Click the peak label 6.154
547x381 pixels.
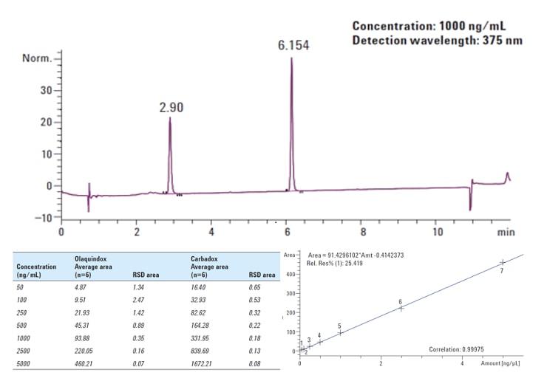click(x=293, y=45)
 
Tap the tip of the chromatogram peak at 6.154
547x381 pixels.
click(x=291, y=58)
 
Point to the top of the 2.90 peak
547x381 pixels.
click(x=169, y=118)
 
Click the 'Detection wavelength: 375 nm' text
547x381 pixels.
click(x=437, y=40)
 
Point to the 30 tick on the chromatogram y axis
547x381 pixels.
click(x=47, y=91)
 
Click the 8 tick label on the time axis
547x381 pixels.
click(x=362, y=232)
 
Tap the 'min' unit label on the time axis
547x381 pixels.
click(x=505, y=232)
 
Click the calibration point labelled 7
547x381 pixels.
click(x=502, y=262)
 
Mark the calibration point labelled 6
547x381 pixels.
click(x=401, y=308)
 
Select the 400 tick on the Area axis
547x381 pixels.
click(x=292, y=275)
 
